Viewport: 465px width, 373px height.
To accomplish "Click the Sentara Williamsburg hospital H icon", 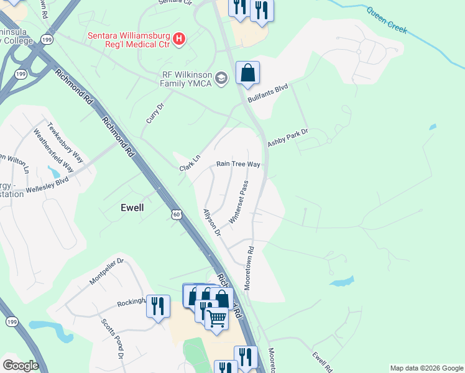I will click(180, 39).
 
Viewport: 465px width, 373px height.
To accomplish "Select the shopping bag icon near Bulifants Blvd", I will click(247, 73).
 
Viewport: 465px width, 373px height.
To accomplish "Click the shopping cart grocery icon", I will click(216, 318).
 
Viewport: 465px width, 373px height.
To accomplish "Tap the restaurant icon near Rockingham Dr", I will click(158, 306).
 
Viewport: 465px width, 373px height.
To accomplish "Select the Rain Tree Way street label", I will click(237, 164).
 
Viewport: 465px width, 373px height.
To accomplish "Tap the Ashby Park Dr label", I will click(288, 138).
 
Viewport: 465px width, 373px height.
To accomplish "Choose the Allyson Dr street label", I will click(212, 222).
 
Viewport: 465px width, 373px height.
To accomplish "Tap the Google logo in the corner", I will click(21, 366).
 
